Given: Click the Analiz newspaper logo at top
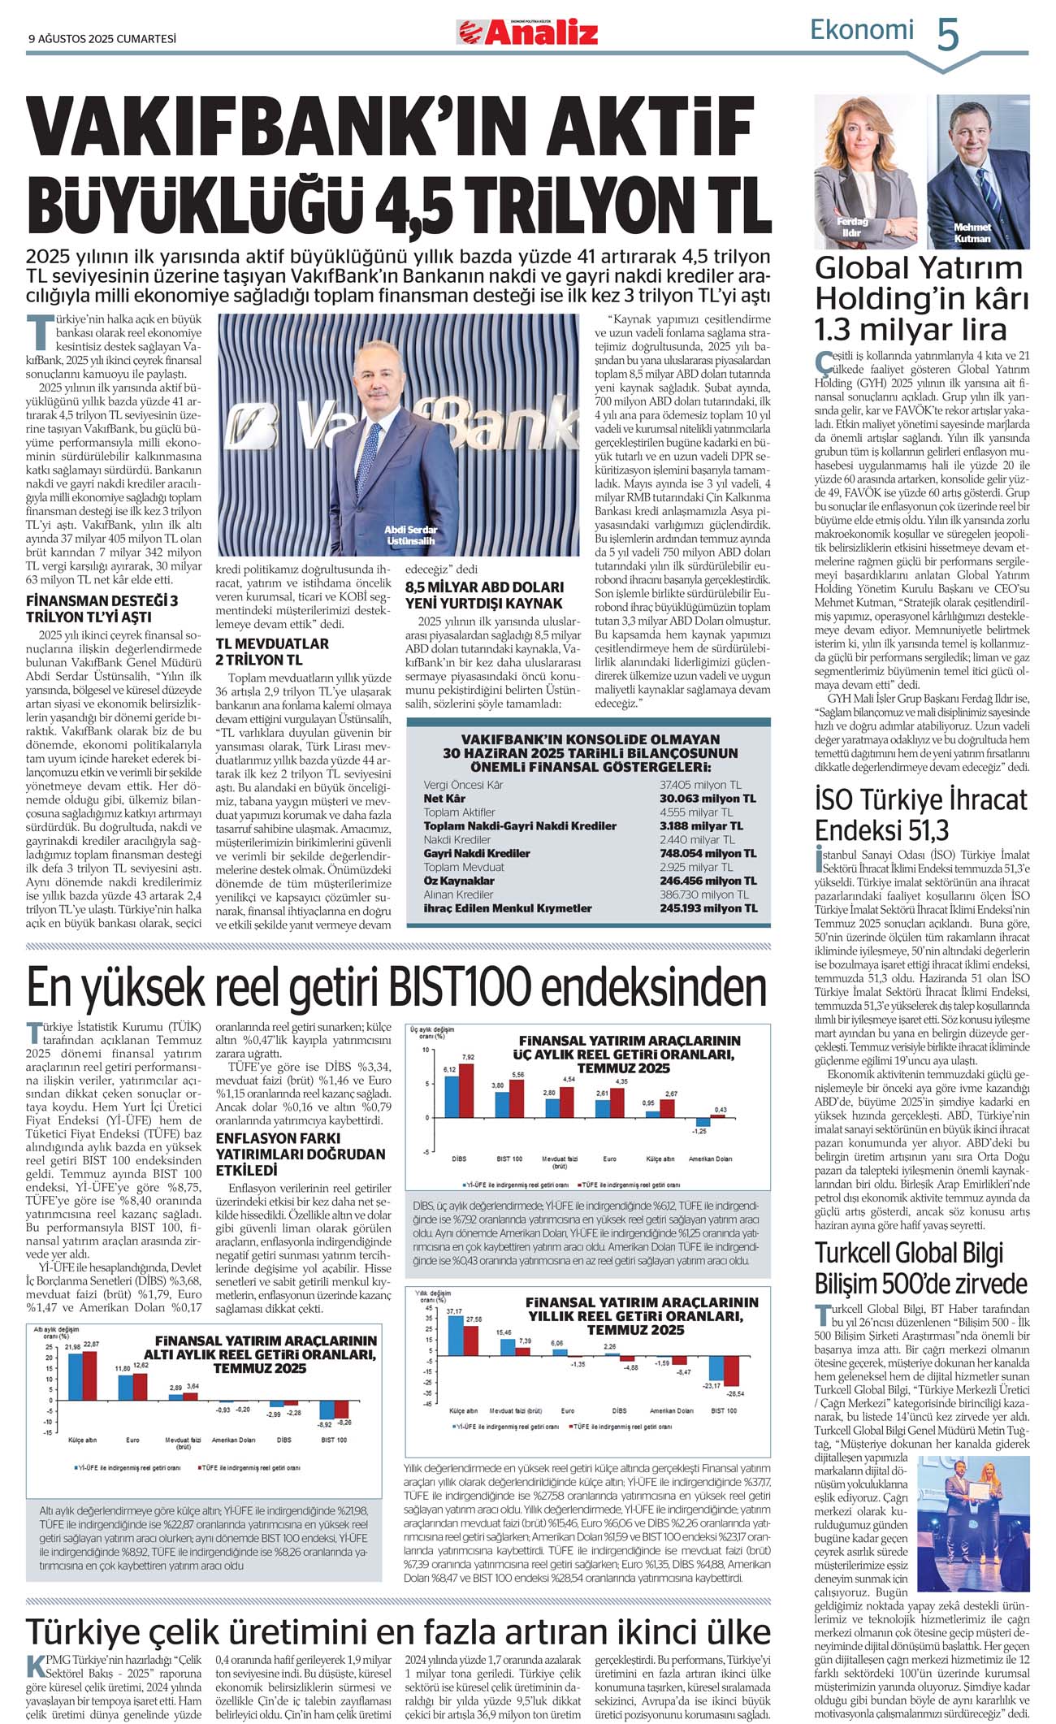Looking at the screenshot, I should (527, 32).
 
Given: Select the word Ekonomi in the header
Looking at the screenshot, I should (862, 30).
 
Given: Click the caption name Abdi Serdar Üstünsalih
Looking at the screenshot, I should (410, 535).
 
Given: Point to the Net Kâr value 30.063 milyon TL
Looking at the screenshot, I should (708, 799).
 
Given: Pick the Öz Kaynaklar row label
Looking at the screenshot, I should (459, 881).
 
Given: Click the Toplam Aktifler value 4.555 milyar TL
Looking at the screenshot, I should (696, 812).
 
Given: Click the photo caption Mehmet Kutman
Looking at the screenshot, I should (972, 233).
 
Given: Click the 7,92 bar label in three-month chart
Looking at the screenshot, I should (468, 1056).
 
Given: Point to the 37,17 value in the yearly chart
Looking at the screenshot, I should (454, 1311).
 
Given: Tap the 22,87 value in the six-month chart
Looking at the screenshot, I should (91, 1345).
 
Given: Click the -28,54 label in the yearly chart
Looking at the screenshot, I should (736, 1393).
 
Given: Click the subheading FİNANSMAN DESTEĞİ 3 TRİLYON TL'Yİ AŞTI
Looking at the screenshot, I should (102, 609).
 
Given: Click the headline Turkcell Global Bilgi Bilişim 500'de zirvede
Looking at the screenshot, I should (921, 1268).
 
